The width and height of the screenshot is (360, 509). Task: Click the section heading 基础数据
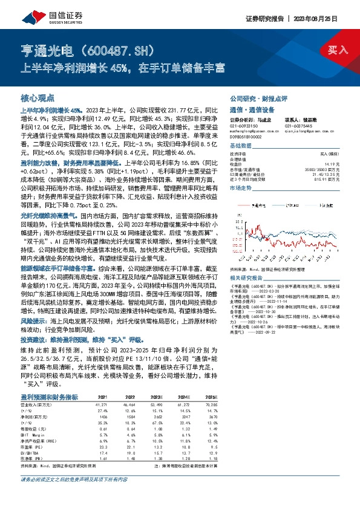pyautogui.click(x=240, y=146)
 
